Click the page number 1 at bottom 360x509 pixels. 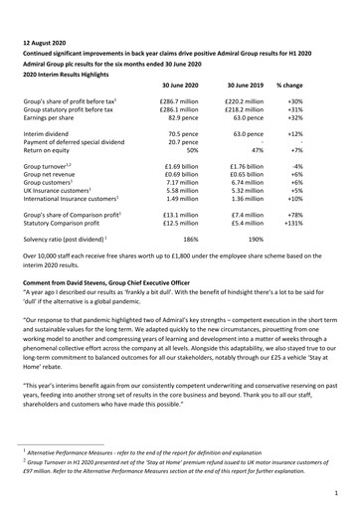coord(339,490)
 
